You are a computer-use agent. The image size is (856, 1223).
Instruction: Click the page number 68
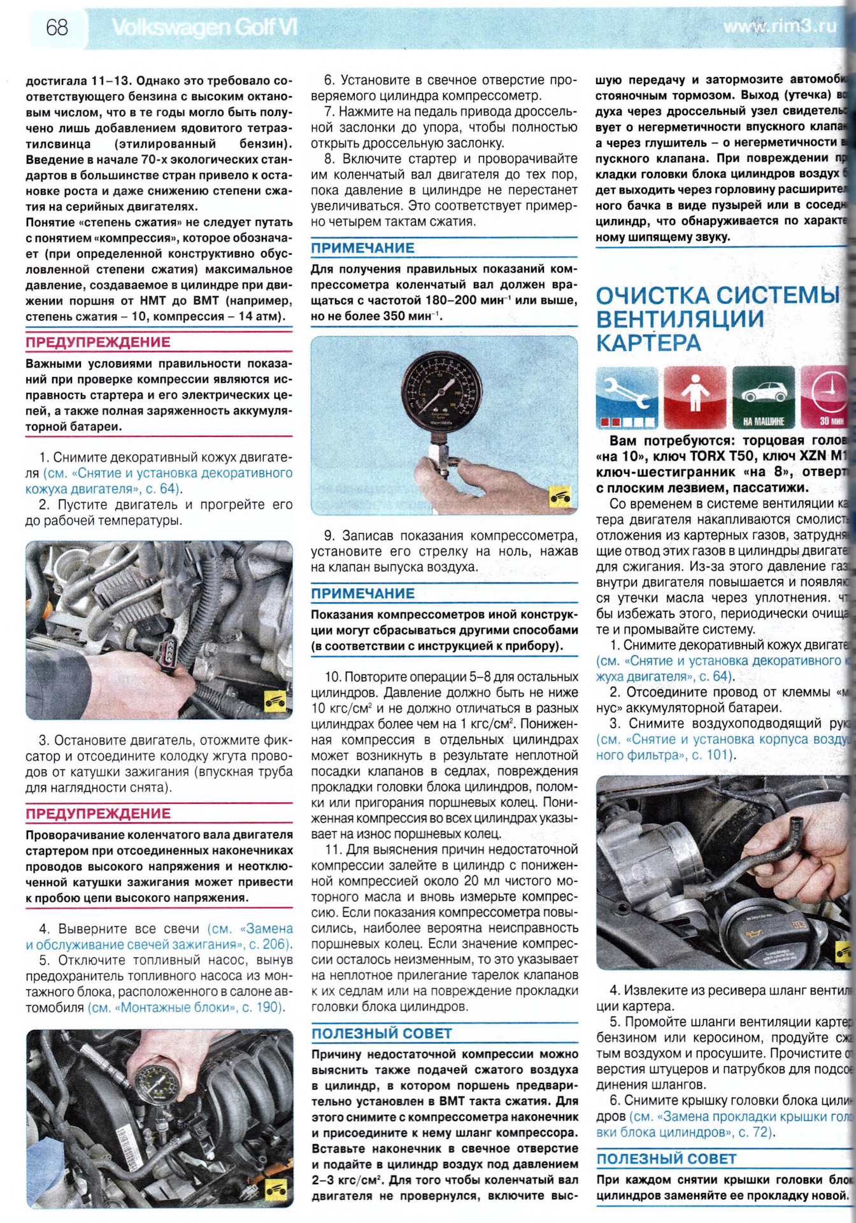pyautogui.click(x=57, y=27)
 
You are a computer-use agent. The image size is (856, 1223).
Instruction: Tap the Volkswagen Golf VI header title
pyautogui.click(x=204, y=27)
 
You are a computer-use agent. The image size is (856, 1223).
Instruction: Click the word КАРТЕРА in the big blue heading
pyautogui.click(x=648, y=343)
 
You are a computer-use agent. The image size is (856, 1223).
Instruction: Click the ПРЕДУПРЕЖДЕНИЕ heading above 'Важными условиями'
pyautogui.click(x=98, y=343)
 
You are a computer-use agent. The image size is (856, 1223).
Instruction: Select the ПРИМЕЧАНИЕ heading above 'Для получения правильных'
pyautogui.click(x=362, y=248)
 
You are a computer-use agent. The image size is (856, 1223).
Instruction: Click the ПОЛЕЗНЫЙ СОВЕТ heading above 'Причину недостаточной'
pyautogui.click(x=382, y=1033)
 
